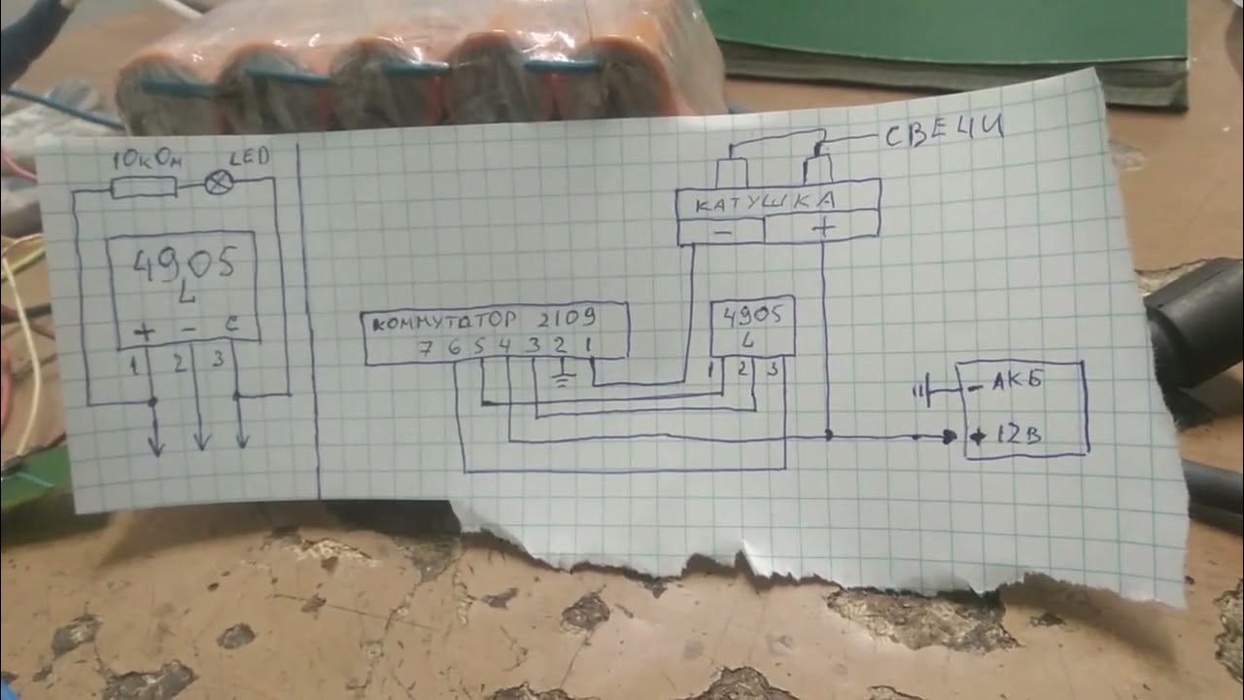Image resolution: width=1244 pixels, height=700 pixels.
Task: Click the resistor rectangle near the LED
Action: tap(143, 187)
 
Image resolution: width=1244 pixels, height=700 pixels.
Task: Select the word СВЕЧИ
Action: tap(943, 129)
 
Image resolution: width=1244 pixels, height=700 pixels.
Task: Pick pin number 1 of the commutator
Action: tap(590, 344)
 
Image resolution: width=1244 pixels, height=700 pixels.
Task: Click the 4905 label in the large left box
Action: tap(182, 265)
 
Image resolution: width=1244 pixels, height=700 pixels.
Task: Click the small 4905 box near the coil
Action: tap(752, 327)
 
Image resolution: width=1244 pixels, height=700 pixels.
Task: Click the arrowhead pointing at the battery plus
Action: tap(949, 437)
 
